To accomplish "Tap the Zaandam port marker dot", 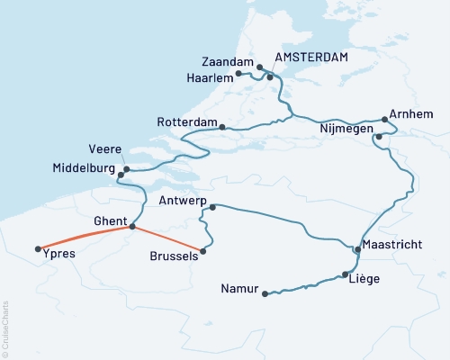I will click(x=259, y=67).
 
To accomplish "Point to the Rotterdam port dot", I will click(x=221, y=127).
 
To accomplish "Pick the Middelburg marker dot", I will click(x=127, y=169).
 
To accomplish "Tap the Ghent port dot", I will click(x=132, y=227).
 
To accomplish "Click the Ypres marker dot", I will click(x=38, y=249).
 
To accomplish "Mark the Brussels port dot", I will click(x=203, y=251).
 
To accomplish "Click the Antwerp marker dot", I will click(x=212, y=208).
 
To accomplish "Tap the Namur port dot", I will click(x=264, y=293).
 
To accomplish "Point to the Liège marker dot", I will click(x=346, y=275).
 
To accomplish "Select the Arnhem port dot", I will click(x=384, y=118).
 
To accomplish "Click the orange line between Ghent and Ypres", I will click(x=85, y=236).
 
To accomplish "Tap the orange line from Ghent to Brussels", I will click(x=168, y=239).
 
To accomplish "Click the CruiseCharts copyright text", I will click(x=5, y=328).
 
